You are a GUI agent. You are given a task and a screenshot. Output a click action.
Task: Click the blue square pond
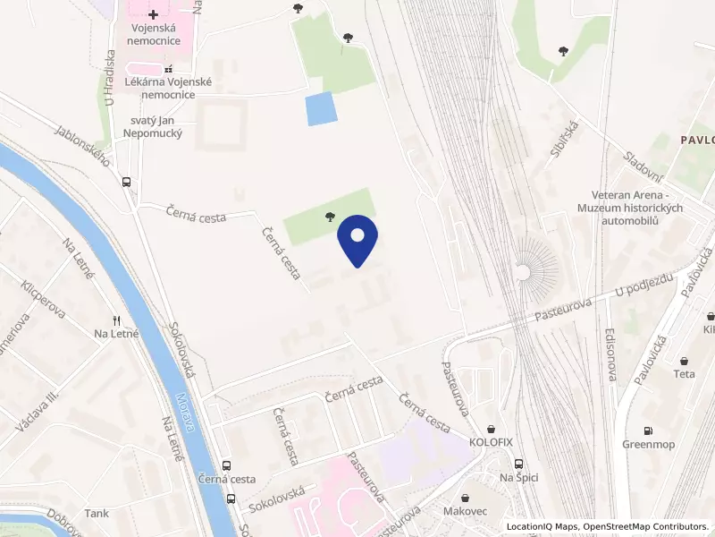(321, 108)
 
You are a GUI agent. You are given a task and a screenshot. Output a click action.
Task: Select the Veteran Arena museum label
(636, 208)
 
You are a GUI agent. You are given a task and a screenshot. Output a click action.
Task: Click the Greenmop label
(648, 445)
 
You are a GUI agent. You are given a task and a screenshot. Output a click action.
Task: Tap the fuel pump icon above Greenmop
(648, 430)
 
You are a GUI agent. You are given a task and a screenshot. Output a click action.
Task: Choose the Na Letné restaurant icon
(114, 320)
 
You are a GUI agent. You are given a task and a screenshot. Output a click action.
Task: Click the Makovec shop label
(464, 511)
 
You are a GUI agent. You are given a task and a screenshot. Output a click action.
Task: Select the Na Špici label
(518, 477)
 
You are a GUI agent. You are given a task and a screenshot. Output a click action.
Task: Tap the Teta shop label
(685, 374)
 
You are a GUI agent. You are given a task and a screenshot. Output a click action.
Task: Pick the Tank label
(97, 514)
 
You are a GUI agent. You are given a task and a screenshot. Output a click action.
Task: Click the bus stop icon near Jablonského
(127, 181)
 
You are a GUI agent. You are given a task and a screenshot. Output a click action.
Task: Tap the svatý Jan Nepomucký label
(144, 126)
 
